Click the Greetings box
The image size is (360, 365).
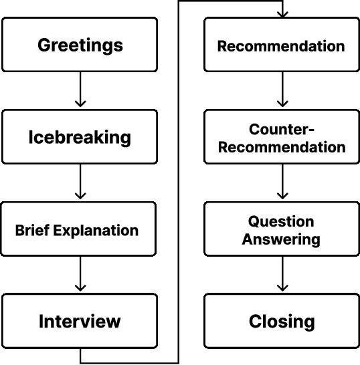click(x=80, y=45)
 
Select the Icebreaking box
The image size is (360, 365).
click(x=80, y=137)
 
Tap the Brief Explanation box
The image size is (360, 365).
click(x=80, y=229)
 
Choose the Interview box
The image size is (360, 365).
click(x=80, y=321)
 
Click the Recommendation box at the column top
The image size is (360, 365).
click(x=281, y=45)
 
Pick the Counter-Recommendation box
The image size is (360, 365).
click(x=281, y=138)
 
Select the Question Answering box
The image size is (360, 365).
click(x=281, y=229)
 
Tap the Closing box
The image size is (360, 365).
click(x=281, y=321)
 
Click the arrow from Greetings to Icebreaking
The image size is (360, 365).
click(x=80, y=90)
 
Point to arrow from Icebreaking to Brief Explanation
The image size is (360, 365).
click(x=80, y=182)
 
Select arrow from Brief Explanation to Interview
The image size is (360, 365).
click(x=80, y=275)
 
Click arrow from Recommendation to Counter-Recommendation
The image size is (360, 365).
click(x=282, y=90)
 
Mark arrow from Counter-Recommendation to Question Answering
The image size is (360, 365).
click(x=282, y=182)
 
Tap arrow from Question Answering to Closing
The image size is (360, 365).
click(x=282, y=275)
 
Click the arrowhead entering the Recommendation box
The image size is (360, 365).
click(x=282, y=13)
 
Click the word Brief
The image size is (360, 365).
click(x=32, y=231)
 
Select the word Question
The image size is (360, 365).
click(x=281, y=221)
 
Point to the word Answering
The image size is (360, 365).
click(x=281, y=239)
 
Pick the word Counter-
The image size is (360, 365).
click(x=281, y=129)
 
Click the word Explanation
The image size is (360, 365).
click(x=96, y=231)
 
